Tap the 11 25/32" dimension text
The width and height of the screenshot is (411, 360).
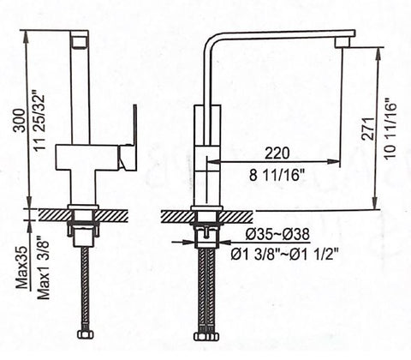34,120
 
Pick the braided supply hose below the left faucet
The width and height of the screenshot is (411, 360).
84,291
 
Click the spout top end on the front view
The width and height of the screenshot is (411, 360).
80,39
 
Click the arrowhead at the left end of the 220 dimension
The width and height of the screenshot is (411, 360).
223,161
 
